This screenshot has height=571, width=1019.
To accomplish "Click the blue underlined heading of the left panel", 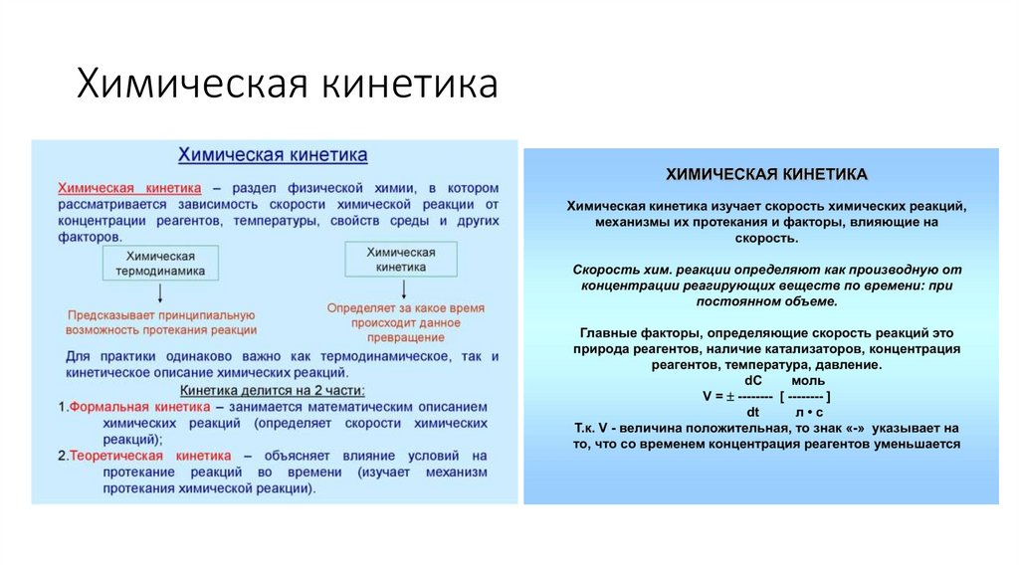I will click(x=273, y=155).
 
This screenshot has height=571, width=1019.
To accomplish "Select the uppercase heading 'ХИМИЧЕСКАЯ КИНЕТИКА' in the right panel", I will click(x=766, y=174).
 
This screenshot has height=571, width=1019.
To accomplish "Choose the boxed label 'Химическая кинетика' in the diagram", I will click(x=401, y=259).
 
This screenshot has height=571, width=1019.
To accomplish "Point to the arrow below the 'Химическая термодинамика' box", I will click(x=160, y=292).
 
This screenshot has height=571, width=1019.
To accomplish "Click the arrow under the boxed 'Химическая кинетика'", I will click(x=402, y=289).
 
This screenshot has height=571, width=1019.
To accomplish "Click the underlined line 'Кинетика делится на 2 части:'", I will click(x=272, y=391).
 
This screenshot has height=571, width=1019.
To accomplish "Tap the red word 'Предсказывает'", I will click(x=109, y=314).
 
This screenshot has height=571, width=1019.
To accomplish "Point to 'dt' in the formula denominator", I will click(x=753, y=410).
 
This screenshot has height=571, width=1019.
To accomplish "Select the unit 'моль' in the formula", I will click(x=807, y=380).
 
